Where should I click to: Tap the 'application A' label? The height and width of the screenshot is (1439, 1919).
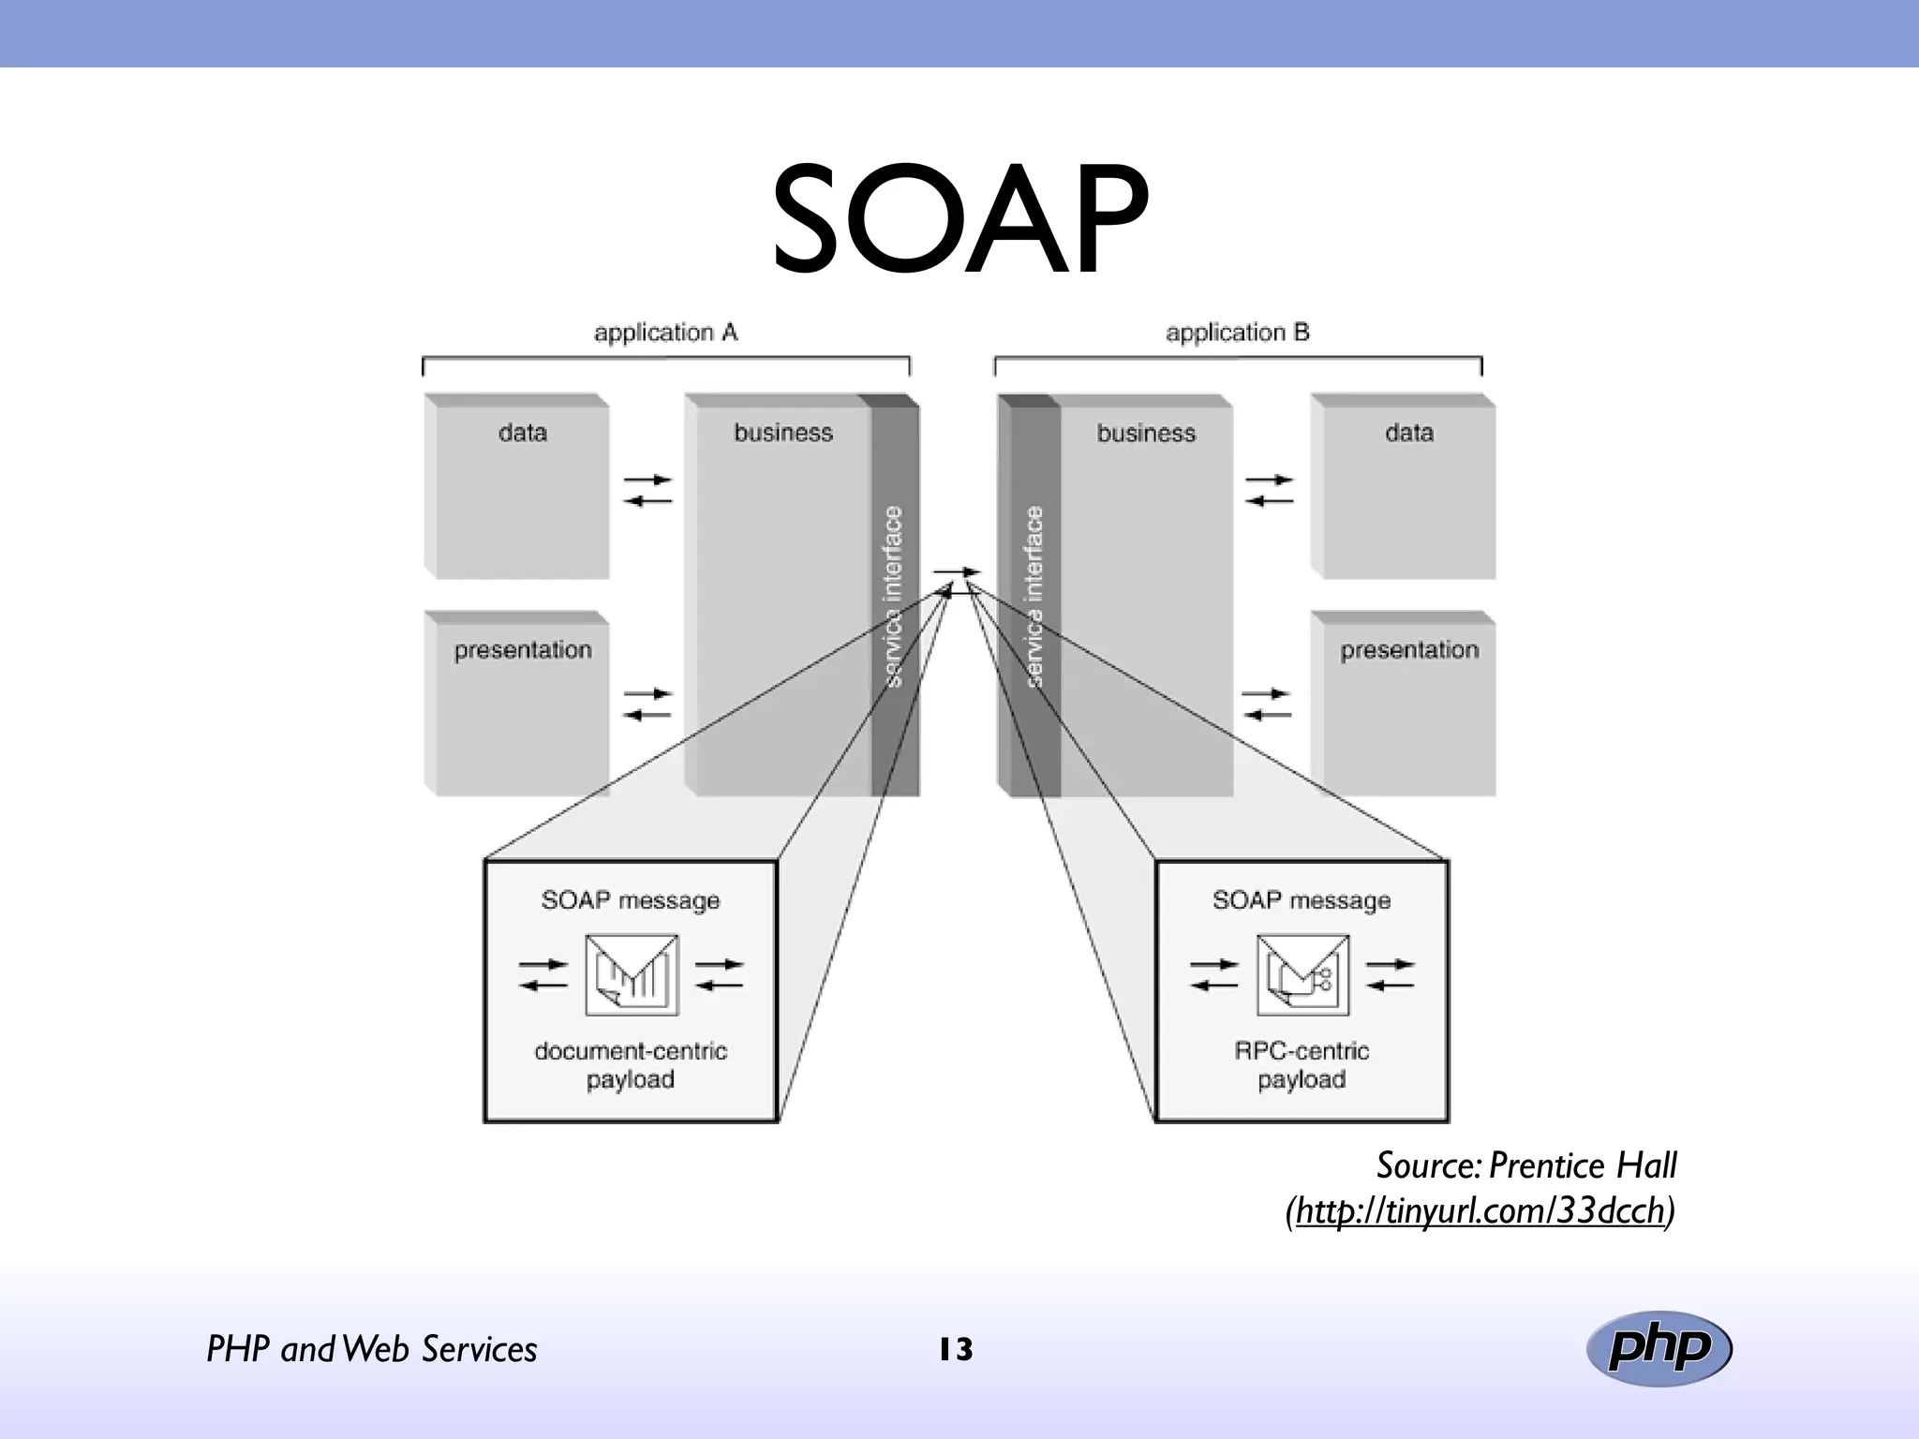665,333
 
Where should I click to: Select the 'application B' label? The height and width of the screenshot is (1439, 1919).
1237,333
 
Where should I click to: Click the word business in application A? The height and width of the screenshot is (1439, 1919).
783,433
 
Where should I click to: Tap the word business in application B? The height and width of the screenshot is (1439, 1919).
1146,434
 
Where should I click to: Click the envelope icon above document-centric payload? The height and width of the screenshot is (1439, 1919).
632,974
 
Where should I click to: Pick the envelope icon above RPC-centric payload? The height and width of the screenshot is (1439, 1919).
1302,974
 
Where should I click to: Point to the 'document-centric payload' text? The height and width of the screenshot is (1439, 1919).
631,1065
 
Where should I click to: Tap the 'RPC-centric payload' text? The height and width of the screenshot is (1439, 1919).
1302,1065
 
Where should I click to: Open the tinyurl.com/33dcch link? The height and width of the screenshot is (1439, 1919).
1480,1211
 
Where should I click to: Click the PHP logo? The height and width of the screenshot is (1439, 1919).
1659,1348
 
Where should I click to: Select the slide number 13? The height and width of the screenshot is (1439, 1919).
956,1350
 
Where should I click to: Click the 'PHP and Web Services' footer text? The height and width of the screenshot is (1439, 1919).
371,1350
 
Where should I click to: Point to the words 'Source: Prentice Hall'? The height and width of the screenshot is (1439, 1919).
1525,1165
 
